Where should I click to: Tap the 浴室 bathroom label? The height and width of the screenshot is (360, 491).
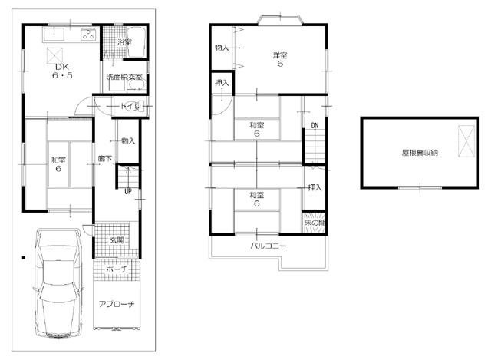tap(124, 42)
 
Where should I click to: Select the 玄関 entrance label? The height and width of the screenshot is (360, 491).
tap(117, 240)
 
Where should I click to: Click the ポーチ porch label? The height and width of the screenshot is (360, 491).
tap(117, 269)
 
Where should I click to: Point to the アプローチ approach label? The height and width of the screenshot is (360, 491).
tap(117, 304)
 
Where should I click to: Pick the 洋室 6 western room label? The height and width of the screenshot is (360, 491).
tap(280, 60)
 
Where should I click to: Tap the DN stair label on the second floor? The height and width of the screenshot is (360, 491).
tap(315, 126)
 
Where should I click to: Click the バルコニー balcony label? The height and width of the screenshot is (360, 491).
tap(268, 246)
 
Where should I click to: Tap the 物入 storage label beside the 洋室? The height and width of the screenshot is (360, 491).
tap(222, 48)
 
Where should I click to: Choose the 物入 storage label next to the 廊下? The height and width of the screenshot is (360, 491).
tap(127, 141)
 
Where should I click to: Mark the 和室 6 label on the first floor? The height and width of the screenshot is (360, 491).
tap(58, 164)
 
